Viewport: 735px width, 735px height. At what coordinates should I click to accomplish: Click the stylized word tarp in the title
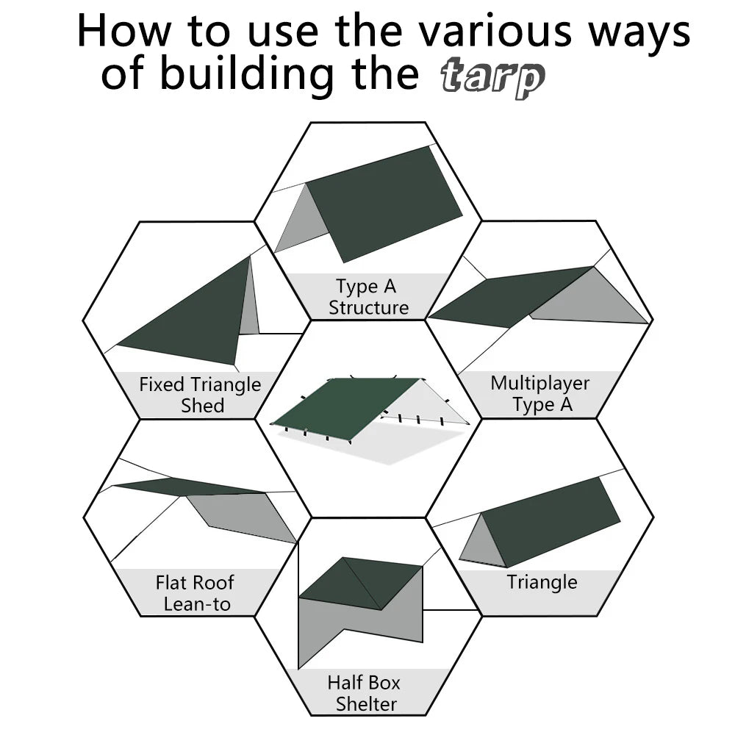(492, 79)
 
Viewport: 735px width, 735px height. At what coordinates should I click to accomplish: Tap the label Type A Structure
(368, 297)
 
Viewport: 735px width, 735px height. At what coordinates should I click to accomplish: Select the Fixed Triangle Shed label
(200, 395)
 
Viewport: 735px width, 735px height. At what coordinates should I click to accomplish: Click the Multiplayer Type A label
(540, 393)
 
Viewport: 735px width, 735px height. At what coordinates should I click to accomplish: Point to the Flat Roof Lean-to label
(195, 593)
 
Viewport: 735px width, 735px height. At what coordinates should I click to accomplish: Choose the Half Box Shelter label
(365, 693)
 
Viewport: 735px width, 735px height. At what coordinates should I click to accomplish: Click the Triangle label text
(542, 583)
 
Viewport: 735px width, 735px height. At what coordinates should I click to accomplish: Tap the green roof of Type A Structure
(382, 202)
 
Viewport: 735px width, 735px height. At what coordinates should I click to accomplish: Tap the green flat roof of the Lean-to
(184, 487)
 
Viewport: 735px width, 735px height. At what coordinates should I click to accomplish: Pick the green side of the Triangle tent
(551, 522)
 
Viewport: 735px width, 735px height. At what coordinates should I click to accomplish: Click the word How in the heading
(125, 31)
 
